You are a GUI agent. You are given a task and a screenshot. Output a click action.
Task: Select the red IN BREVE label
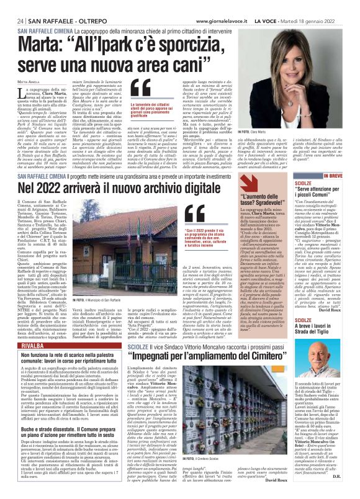click(336, 176)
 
